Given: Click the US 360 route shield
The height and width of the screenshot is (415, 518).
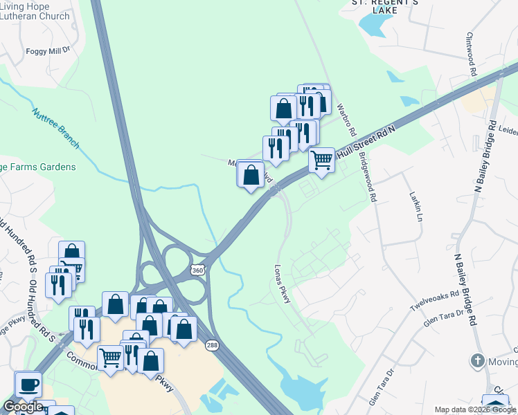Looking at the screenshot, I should (x=199, y=270).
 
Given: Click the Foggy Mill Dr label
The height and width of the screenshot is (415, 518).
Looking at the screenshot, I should (x=48, y=50).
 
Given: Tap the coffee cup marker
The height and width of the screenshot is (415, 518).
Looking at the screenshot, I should (x=28, y=385).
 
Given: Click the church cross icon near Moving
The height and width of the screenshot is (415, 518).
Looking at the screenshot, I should (x=476, y=360).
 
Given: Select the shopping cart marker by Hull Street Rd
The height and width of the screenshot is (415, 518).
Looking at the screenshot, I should (x=321, y=160).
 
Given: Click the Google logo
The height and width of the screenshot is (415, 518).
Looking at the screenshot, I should (x=23, y=407).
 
